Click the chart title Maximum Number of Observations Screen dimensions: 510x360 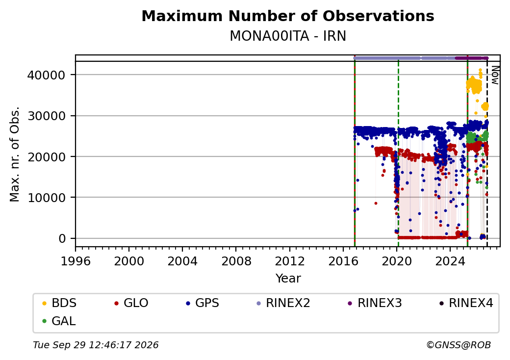pos(288,16)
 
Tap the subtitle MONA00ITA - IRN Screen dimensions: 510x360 pos(288,36)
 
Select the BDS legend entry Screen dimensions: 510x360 pos(59,303)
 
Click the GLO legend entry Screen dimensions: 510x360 pos(131,303)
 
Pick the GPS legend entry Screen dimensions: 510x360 pos(203,303)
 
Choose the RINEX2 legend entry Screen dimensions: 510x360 pos(283,303)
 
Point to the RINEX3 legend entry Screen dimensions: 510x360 pos(375,303)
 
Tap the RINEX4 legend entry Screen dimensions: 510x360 pos(466,303)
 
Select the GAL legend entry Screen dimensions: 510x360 pos(59,321)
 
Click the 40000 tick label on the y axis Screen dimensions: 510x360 pos(47,75)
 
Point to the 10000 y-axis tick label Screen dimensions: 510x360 pos(47,197)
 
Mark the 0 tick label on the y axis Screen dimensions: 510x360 pos(62,238)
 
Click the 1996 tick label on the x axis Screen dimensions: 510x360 pos(76,261)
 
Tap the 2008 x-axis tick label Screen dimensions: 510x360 pos(236,261)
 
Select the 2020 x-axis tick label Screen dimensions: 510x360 pos(397,261)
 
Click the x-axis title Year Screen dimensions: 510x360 pos(288,279)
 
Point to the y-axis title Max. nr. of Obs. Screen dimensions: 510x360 pos(15,154)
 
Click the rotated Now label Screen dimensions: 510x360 pos(495,75)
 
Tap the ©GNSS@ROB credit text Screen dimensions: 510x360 pos(459,345)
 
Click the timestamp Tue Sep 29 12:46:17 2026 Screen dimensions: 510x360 pos(96,345)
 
